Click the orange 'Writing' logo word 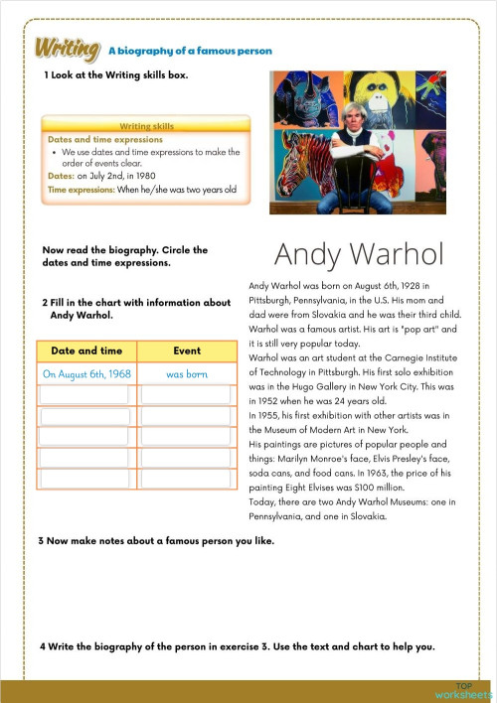click(67, 49)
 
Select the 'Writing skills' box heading click(146, 127)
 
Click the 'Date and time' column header click(86, 351)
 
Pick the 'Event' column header click(186, 351)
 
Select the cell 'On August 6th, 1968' click(86, 374)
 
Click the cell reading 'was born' click(186, 374)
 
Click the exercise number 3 click(41, 540)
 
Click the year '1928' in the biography click(414, 284)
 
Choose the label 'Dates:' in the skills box click(61, 176)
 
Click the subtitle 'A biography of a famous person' click(190, 51)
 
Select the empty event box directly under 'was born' click(186, 395)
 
